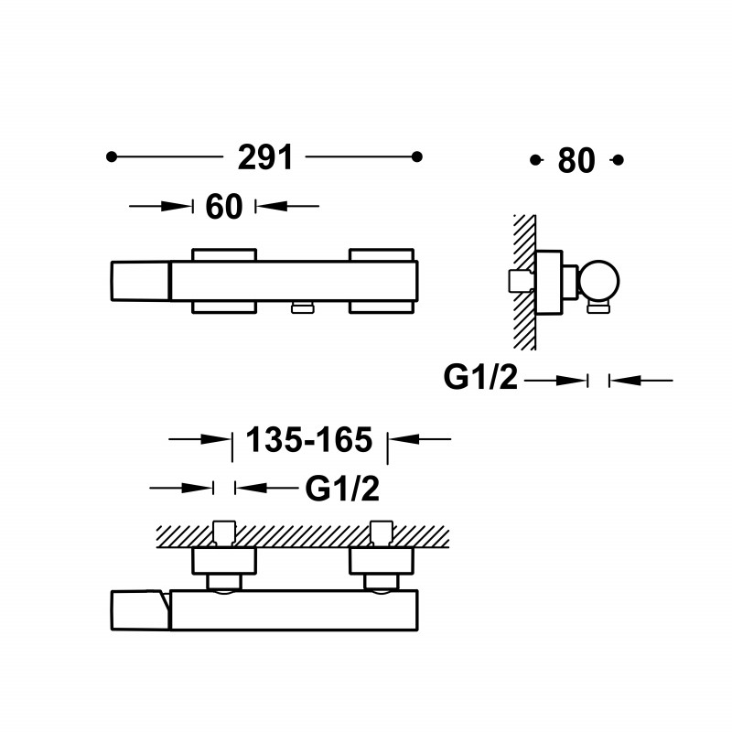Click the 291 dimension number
(265, 157)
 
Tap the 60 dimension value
(224, 207)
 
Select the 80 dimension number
(576, 161)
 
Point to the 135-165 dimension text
(309, 440)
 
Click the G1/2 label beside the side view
(480, 377)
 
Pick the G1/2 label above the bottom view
(342, 489)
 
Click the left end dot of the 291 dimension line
(111, 156)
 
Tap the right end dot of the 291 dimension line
(417, 156)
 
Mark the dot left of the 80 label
(535, 161)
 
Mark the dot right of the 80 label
(619, 161)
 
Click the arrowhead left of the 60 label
(177, 206)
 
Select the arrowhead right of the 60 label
(272, 206)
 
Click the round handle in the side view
(599, 281)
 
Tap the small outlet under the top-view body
(303, 307)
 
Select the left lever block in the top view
(140, 281)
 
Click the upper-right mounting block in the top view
(382, 255)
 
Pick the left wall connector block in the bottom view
(224, 561)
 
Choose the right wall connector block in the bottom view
(382, 561)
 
